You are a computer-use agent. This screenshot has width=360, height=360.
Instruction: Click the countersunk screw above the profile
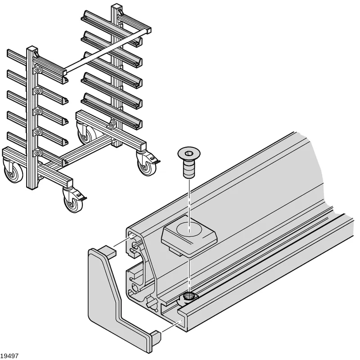click(x=189, y=162)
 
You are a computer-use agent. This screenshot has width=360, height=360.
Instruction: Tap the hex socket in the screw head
click(x=189, y=153)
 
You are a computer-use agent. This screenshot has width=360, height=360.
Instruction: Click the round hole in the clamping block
click(x=189, y=229)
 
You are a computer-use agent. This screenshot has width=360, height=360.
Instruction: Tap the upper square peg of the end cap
click(x=108, y=251)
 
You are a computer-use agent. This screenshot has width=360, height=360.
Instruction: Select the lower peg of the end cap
click(x=155, y=337)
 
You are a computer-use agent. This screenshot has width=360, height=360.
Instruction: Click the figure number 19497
click(x=9, y=355)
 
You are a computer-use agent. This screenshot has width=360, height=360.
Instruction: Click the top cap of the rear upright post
click(x=117, y=6)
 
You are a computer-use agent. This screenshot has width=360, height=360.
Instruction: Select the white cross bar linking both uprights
click(x=107, y=50)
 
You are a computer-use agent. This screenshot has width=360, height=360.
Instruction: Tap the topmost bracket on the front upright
click(x=37, y=70)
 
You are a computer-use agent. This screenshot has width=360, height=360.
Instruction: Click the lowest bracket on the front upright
click(x=37, y=153)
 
